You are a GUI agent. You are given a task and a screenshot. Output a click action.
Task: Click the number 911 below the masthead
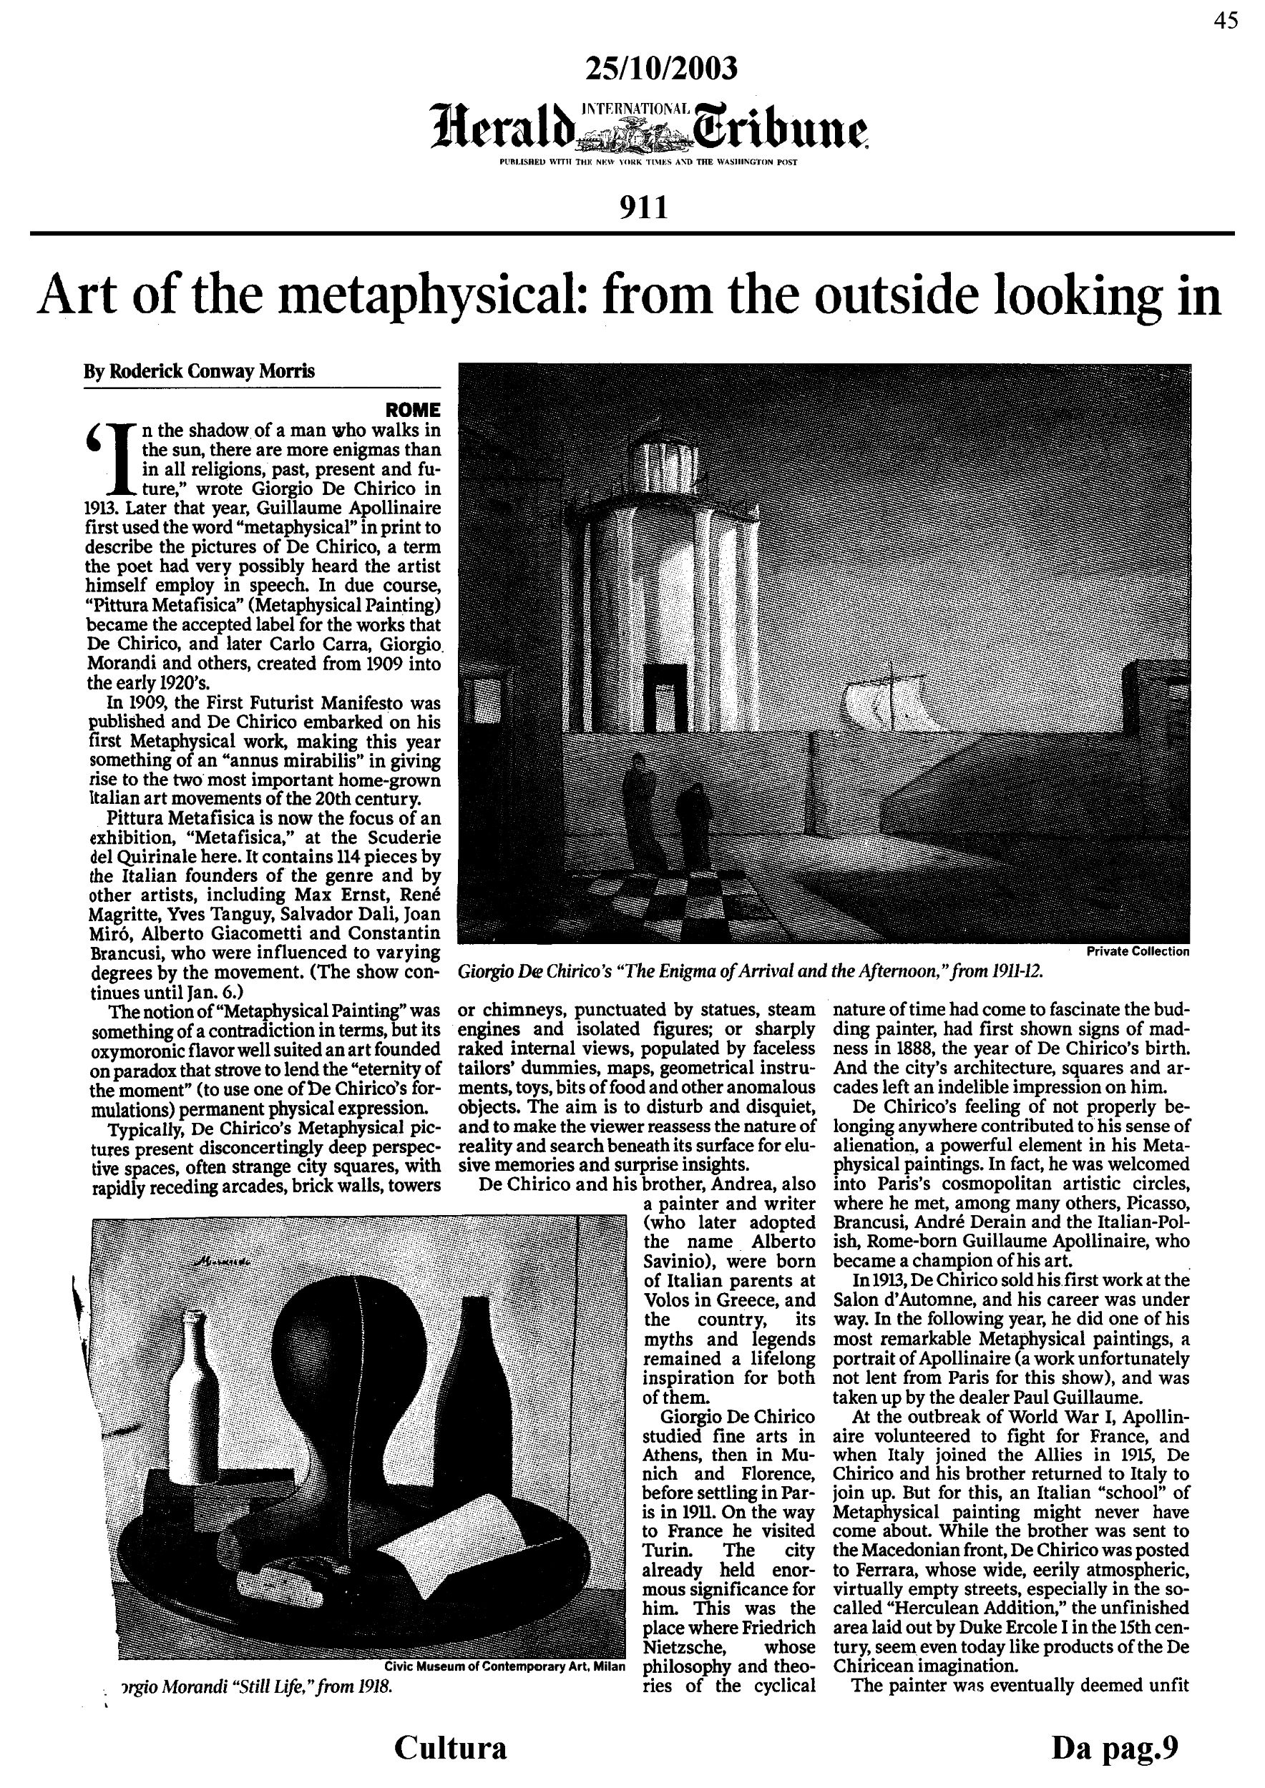pos(643,208)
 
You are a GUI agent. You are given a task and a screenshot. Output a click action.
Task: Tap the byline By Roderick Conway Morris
pos(200,371)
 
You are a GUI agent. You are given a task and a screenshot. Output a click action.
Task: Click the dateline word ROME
pos(413,410)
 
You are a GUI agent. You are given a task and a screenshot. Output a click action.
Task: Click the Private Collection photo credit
pos(1137,951)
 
